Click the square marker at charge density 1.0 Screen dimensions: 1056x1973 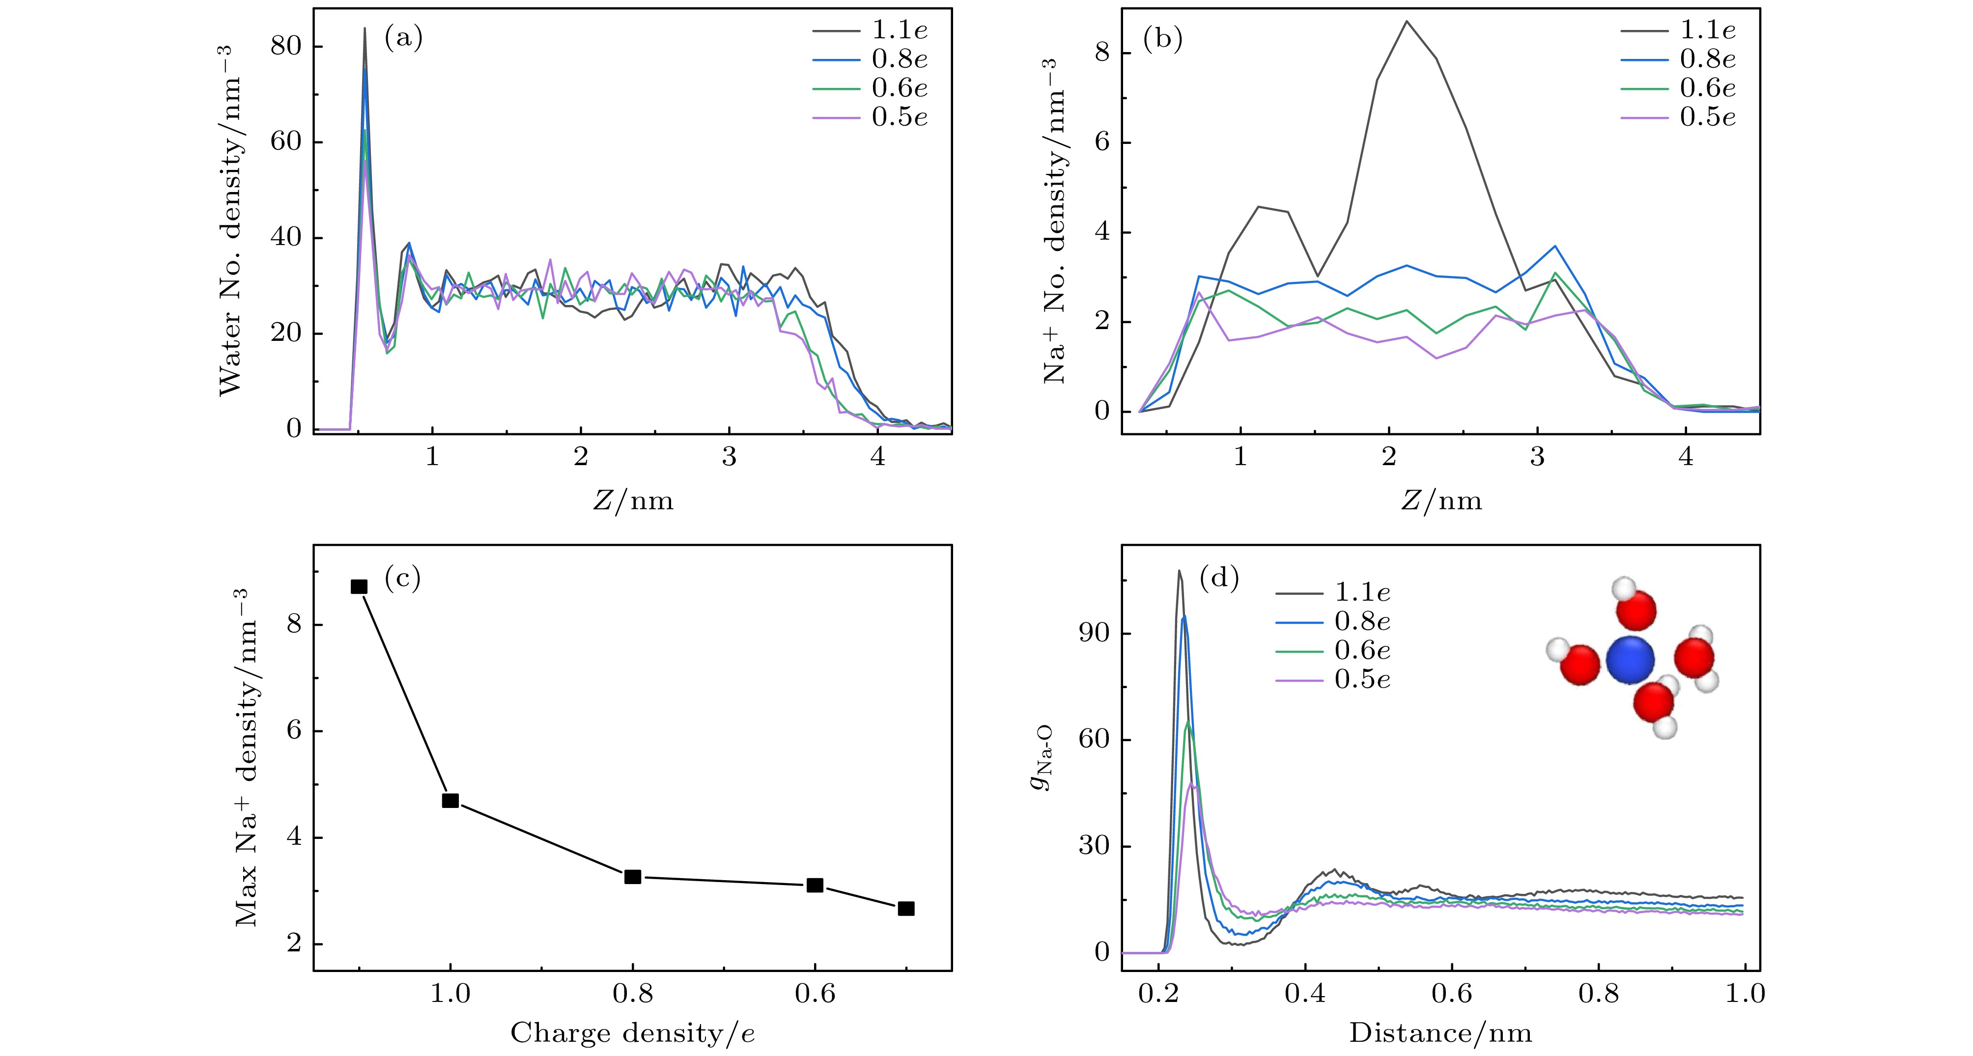(x=451, y=800)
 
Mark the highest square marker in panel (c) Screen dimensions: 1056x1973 (x=359, y=586)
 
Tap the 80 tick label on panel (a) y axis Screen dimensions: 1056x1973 (x=286, y=47)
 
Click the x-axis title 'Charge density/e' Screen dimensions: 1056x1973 (x=633, y=1034)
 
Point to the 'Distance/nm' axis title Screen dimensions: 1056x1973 (x=1440, y=1034)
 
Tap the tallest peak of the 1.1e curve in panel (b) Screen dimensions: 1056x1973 (x=1406, y=22)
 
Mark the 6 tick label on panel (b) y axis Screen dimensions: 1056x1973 (x=1101, y=143)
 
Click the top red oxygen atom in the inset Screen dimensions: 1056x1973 (x=1637, y=611)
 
